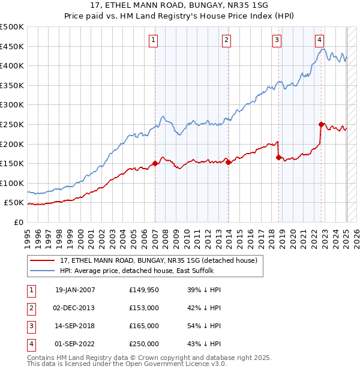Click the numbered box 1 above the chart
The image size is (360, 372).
(x=154, y=40)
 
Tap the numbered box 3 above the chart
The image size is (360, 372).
(x=277, y=40)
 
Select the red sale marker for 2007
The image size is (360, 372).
(x=155, y=163)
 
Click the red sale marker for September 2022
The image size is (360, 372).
(x=322, y=125)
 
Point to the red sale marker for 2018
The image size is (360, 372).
(x=279, y=158)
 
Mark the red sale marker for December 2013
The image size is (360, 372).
(x=229, y=162)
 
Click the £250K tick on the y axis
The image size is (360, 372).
(x=12, y=124)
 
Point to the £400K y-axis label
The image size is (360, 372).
(x=12, y=65)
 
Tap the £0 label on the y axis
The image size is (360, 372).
(x=17, y=222)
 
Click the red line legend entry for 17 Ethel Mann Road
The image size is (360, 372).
(x=158, y=260)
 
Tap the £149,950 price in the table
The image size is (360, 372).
(x=144, y=290)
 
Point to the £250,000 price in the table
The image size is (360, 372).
(x=144, y=344)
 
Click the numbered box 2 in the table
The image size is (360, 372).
(x=30, y=308)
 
